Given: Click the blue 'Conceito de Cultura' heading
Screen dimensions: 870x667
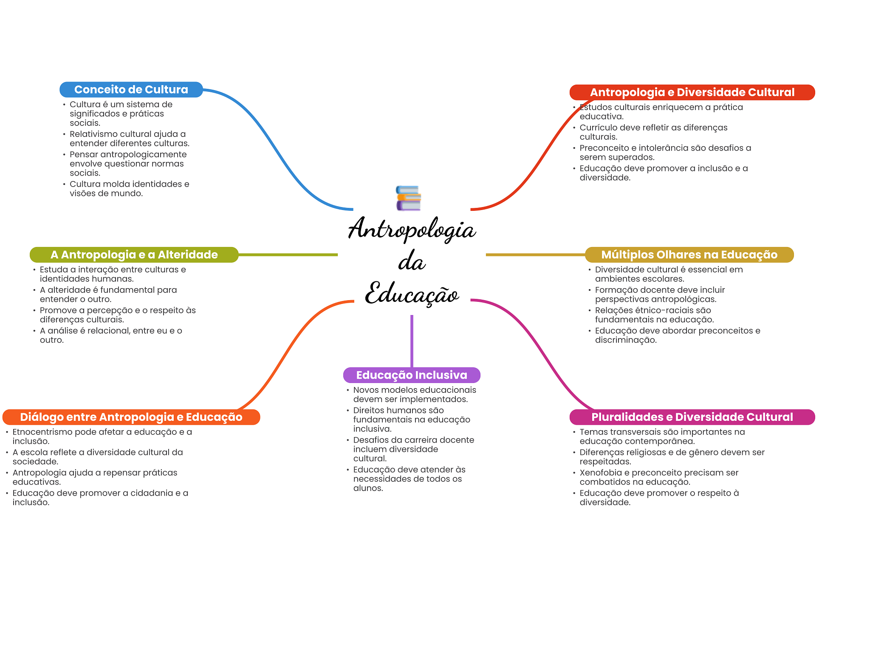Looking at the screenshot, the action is click(131, 90).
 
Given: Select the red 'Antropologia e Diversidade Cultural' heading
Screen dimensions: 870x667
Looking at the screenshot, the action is click(692, 92).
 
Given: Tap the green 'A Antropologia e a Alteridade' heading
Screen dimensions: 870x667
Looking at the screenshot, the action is click(134, 255).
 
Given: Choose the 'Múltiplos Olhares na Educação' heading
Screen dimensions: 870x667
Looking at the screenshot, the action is click(689, 255).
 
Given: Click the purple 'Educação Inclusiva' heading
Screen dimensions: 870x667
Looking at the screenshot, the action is click(411, 375).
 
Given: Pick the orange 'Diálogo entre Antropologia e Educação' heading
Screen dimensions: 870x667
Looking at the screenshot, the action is click(131, 417).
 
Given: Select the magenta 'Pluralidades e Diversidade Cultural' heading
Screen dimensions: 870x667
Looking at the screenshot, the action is click(692, 417).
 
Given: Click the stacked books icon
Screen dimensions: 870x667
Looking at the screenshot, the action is click(408, 198).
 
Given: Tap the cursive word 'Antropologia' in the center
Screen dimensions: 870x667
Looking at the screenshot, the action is click(411, 229).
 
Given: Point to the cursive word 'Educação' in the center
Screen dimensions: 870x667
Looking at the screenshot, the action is click(411, 293).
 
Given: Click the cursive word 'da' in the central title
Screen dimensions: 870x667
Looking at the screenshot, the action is click(411, 261).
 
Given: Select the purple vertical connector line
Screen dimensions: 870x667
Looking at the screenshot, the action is click(412, 340).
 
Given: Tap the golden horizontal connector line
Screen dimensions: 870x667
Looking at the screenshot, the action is click(535, 255).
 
